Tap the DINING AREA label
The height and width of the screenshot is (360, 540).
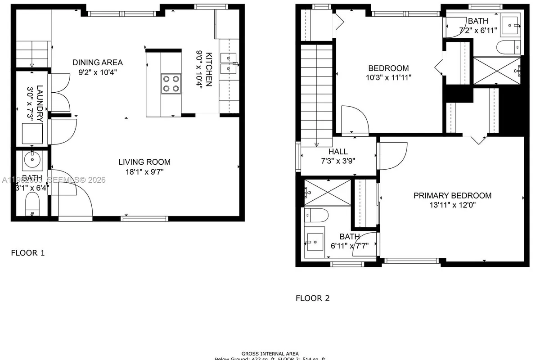pos(98,63)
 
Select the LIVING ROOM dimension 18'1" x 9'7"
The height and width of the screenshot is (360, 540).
pos(144,171)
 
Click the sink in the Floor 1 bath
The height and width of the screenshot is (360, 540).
pos(33,160)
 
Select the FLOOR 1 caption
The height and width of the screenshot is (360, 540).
pos(28,253)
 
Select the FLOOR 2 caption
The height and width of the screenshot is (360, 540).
pos(313,298)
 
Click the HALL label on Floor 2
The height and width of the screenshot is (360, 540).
pos(338,152)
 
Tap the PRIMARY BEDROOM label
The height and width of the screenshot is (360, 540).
pos(452,195)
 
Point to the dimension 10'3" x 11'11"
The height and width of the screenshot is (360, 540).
pos(388,77)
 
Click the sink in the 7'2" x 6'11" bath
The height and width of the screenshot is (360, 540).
pos(512,23)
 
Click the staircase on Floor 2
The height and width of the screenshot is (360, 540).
pos(317,94)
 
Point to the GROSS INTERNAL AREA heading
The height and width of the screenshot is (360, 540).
pos(270,354)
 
